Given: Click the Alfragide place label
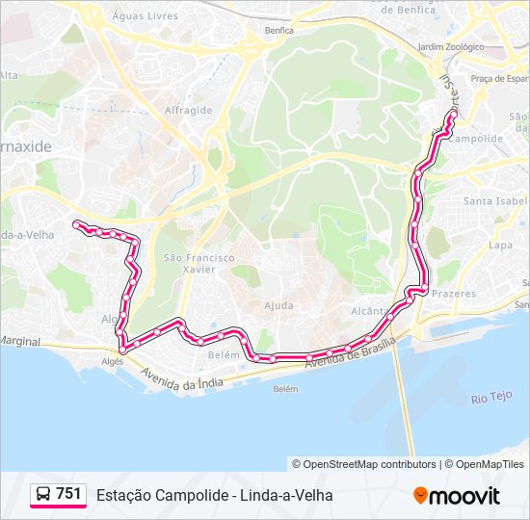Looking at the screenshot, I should coord(188,110).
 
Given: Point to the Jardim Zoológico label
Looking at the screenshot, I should coord(448,46).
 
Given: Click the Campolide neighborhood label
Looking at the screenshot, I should coord(477,139).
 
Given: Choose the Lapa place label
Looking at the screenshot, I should coord(500,246).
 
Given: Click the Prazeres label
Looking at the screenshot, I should coord(454,294).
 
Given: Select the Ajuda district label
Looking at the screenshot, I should coord(278,305).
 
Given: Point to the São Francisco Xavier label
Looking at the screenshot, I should coord(199,264).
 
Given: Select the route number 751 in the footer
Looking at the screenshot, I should coord(68,494).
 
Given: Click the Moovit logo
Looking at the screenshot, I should coord(457,496).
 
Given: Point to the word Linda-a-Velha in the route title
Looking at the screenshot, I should coord(288,495).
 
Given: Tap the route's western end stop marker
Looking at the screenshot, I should coord(76,223).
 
